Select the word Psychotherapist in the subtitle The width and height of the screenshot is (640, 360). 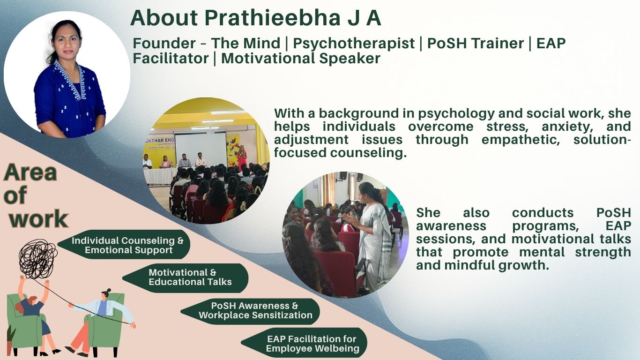354,44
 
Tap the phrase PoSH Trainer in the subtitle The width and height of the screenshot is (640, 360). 476,43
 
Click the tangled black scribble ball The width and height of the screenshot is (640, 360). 37,259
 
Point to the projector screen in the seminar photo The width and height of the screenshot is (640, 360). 201,149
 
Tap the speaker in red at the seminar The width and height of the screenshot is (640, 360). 242,157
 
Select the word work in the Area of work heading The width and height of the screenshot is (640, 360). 39,219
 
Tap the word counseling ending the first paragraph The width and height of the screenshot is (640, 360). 368,153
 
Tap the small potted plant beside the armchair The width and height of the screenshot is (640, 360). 10,339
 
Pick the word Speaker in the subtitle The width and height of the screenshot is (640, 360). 350,58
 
